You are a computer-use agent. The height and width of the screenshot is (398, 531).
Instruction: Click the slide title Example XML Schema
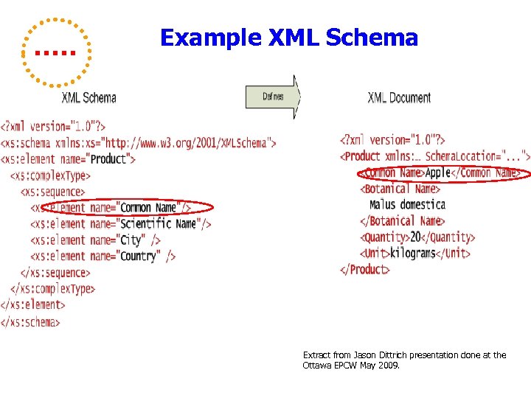click(x=288, y=38)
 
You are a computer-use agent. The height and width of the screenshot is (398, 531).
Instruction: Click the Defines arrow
click(x=272, y=97)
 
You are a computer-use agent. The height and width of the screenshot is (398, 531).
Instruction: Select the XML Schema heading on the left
click(x=88, y=97)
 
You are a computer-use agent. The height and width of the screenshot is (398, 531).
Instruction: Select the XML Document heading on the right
click(x=399, y=97)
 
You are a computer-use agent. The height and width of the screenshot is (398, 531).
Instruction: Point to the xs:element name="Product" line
click(x=68, y=158)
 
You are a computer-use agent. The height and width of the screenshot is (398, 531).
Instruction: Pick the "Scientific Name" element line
click(x=121, y=223)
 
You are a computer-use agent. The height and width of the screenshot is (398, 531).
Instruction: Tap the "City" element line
click(x=96, y=240)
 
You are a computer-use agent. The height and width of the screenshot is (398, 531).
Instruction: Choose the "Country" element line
click(x=103, y=256)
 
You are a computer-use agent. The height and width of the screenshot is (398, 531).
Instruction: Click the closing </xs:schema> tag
click(x=30, y=321)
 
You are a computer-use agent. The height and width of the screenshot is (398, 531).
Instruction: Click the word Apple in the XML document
click(x=438, y=172)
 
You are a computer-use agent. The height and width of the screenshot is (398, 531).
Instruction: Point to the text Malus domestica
click(x=407, y=204)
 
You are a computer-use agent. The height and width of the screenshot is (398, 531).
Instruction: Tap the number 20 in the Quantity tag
click(x=415, y=237)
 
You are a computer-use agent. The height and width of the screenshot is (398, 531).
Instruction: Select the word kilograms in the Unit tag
click(x=412, y=253)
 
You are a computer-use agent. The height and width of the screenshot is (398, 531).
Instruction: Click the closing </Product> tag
click(x=364, y=269)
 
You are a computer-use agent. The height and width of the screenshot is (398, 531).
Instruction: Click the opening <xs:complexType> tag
click(x=50, y=175)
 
